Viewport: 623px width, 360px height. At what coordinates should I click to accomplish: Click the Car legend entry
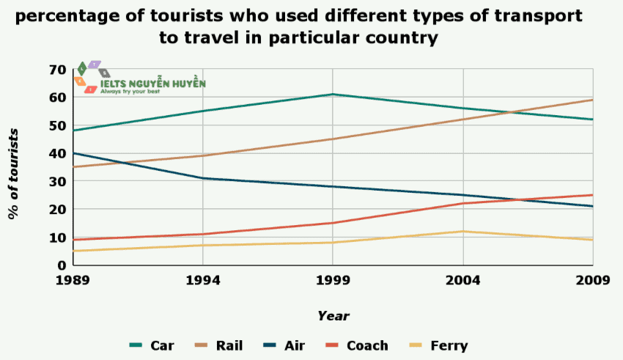(x=152, y=345)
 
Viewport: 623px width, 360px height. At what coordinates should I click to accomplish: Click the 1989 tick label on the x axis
(x=72, y=279)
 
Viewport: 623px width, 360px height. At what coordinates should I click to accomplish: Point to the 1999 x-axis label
(x=333, y=279)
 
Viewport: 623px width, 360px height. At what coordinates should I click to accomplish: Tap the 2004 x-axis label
(x=463, y=279)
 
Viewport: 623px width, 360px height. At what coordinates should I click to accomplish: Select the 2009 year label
(x=593, y=279)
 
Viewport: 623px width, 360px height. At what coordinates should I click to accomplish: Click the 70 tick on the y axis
(x=58, y=70)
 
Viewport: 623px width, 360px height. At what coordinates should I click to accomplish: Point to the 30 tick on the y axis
(x=58, y=182)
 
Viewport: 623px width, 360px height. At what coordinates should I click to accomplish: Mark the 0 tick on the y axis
(x=62, y=265)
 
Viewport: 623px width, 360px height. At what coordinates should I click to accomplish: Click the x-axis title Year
(x=333, y=316)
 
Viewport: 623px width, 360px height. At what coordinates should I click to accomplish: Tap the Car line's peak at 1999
(x=333, y=95)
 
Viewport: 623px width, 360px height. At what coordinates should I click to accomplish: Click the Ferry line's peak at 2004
(x=463, y=232)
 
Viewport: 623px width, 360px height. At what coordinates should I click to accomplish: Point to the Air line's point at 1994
(x=202, y=178)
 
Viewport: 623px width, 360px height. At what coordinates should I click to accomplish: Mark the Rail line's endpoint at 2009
(x=593, y=100)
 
